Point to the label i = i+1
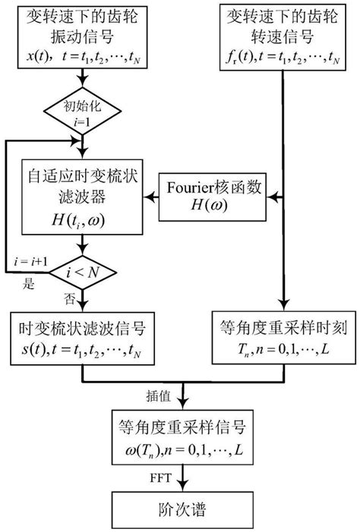(31, 262)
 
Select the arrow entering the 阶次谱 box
(179, 479)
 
